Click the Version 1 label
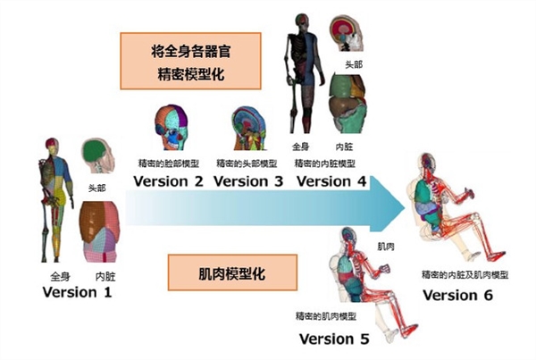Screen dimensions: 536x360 point(77,292)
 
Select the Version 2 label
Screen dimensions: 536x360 point(168,181)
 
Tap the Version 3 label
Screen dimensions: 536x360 point(248,181)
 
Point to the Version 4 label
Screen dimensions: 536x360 point(331,181)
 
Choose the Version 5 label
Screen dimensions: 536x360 point(334,339)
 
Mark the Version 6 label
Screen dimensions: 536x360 point(457,295)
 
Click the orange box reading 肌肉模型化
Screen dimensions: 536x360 point(232,272)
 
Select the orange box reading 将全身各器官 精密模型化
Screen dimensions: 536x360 point(191,61)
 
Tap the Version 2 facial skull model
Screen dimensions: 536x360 point(172,128)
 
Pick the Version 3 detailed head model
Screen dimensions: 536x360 point(249,129)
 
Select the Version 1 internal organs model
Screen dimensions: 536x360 point(99,231)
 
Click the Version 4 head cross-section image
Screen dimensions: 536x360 point(346,33)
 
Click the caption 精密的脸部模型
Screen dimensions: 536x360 point(169,163)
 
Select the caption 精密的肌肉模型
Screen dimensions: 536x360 point(326,316)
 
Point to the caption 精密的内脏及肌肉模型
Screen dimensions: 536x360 point(465,274)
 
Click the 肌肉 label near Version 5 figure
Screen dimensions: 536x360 point(386,247)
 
